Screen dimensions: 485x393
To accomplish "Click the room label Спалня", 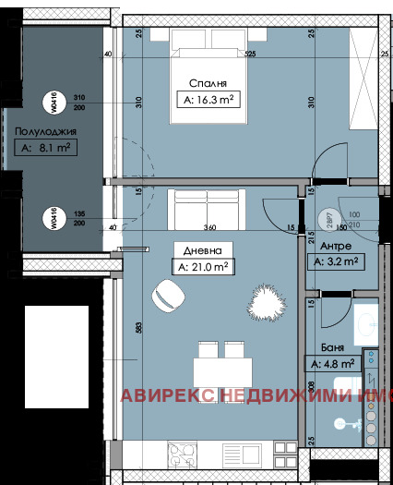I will (x=207, y=80).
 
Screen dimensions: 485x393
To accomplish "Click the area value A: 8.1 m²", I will (x=44, y=146).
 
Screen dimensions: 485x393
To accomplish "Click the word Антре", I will (x=335, y=247).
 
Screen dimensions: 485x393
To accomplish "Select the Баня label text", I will (x=334, y=348).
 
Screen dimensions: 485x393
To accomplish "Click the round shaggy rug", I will (x=268, y=301).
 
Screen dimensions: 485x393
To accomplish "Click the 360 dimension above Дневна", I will (x=209, y=227).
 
